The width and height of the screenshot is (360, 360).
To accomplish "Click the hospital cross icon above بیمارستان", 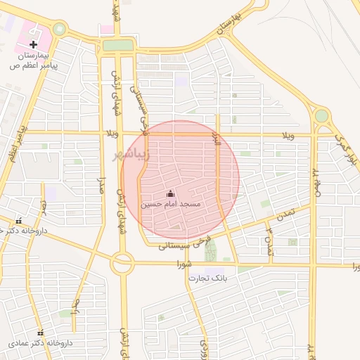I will (x=33, y=44).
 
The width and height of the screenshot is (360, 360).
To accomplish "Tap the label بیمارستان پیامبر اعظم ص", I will (x=32, y=60).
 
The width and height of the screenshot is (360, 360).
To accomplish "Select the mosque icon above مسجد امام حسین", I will (x=170, y=193).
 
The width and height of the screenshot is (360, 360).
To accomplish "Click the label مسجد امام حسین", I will (x=171, y=204).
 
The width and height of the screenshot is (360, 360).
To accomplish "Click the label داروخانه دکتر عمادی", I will (x=38, y=344).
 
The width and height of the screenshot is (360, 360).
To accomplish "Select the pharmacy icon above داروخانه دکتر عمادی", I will (x=40, y=333).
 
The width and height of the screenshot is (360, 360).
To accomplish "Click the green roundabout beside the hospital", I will (x=59, y=30).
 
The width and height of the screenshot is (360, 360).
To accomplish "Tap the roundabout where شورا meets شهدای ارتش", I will (x=122, y=264).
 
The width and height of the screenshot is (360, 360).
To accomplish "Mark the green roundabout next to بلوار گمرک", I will (x=321, y=115).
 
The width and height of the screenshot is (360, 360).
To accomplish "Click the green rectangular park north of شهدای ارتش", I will (x=117, y=46).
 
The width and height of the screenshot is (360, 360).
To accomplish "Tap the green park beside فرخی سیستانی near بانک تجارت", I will (x=212, y=251).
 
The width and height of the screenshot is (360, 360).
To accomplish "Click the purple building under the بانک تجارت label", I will (x=212, y=271).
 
